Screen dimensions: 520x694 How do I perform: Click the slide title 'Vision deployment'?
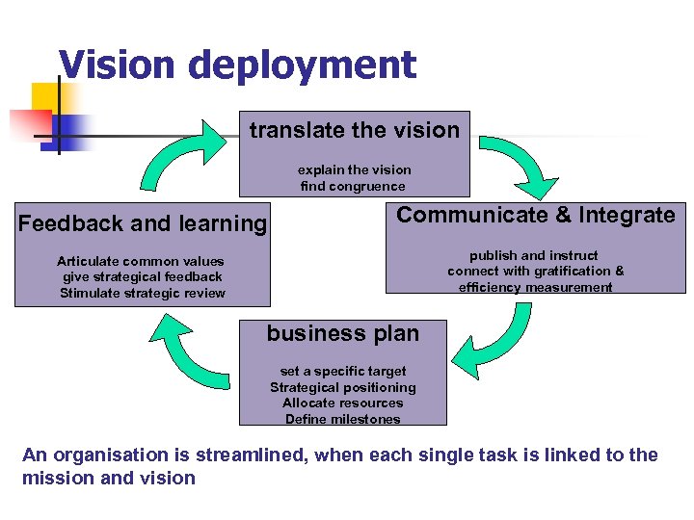pos(237,65)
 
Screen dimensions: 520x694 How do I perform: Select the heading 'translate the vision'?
pos(354,130)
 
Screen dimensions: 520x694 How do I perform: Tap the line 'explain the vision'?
pos(354,169)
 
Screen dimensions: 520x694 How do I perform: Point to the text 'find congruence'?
pos(353,186)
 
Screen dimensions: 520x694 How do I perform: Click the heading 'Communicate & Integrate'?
pos(536,215)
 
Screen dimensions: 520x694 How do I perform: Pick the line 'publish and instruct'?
pos(534,255)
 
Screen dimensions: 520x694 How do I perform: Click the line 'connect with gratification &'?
pos(535,271)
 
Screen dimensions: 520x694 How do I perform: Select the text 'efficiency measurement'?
pos(535,287)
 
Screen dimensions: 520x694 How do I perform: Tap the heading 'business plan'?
pos(342,334)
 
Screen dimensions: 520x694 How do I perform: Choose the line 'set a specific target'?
pos(343,371)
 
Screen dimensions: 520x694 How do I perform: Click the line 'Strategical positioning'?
pos(343,387)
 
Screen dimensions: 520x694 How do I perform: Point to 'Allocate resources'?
pos(343,403)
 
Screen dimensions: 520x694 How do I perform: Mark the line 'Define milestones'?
pos(343,419)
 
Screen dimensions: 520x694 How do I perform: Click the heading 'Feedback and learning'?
pos(143,223)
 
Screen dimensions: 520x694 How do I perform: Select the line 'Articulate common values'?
pos(141,261)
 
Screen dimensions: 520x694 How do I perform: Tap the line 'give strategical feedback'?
pos(142,277)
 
